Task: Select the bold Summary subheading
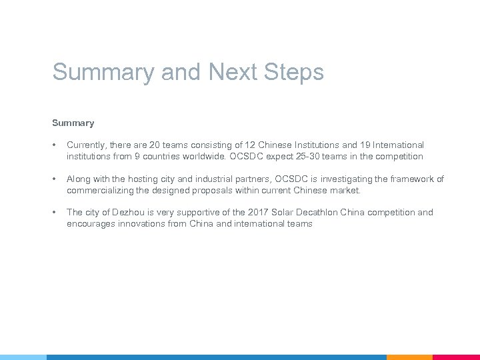point(73,123)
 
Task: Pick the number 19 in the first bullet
point(353,145)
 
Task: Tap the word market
point(345,190)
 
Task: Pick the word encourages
point(93,224)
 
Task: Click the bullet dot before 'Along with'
point(55,179)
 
